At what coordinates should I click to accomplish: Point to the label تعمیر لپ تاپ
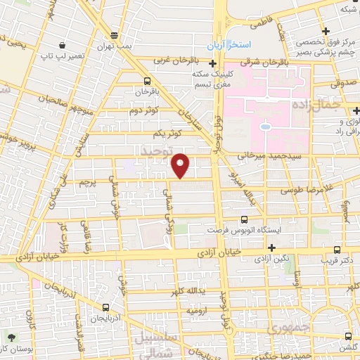[x=56, y=53]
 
